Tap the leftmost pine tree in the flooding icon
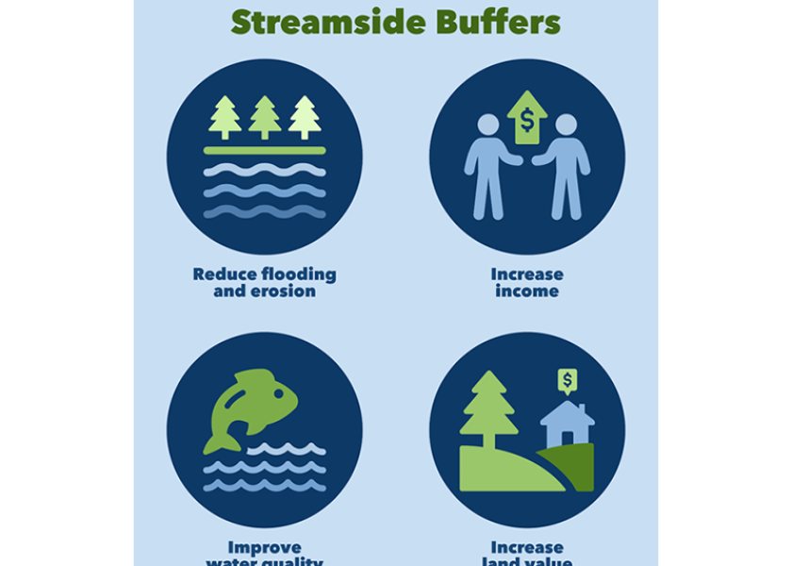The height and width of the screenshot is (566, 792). tap(224, 117)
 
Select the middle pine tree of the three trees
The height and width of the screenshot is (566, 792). tap(265, 117)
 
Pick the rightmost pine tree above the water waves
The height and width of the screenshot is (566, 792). tap(305, 117)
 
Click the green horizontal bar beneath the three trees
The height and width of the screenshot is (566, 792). tap(265, 150)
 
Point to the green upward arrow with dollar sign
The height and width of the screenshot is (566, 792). tap(527, 117)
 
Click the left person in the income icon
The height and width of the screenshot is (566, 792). tap(488, 165)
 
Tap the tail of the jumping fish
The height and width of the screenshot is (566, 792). tap(223, 439)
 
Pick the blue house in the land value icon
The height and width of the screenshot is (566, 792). tap(567, 425)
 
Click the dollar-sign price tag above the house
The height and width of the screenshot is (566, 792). tap(568, 380)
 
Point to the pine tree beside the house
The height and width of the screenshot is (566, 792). tap(488, 408)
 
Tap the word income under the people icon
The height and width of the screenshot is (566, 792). tap(527, 291)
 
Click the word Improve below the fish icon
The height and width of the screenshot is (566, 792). tap(265, 548)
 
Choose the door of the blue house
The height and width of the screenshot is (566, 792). tap(568, 436)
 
